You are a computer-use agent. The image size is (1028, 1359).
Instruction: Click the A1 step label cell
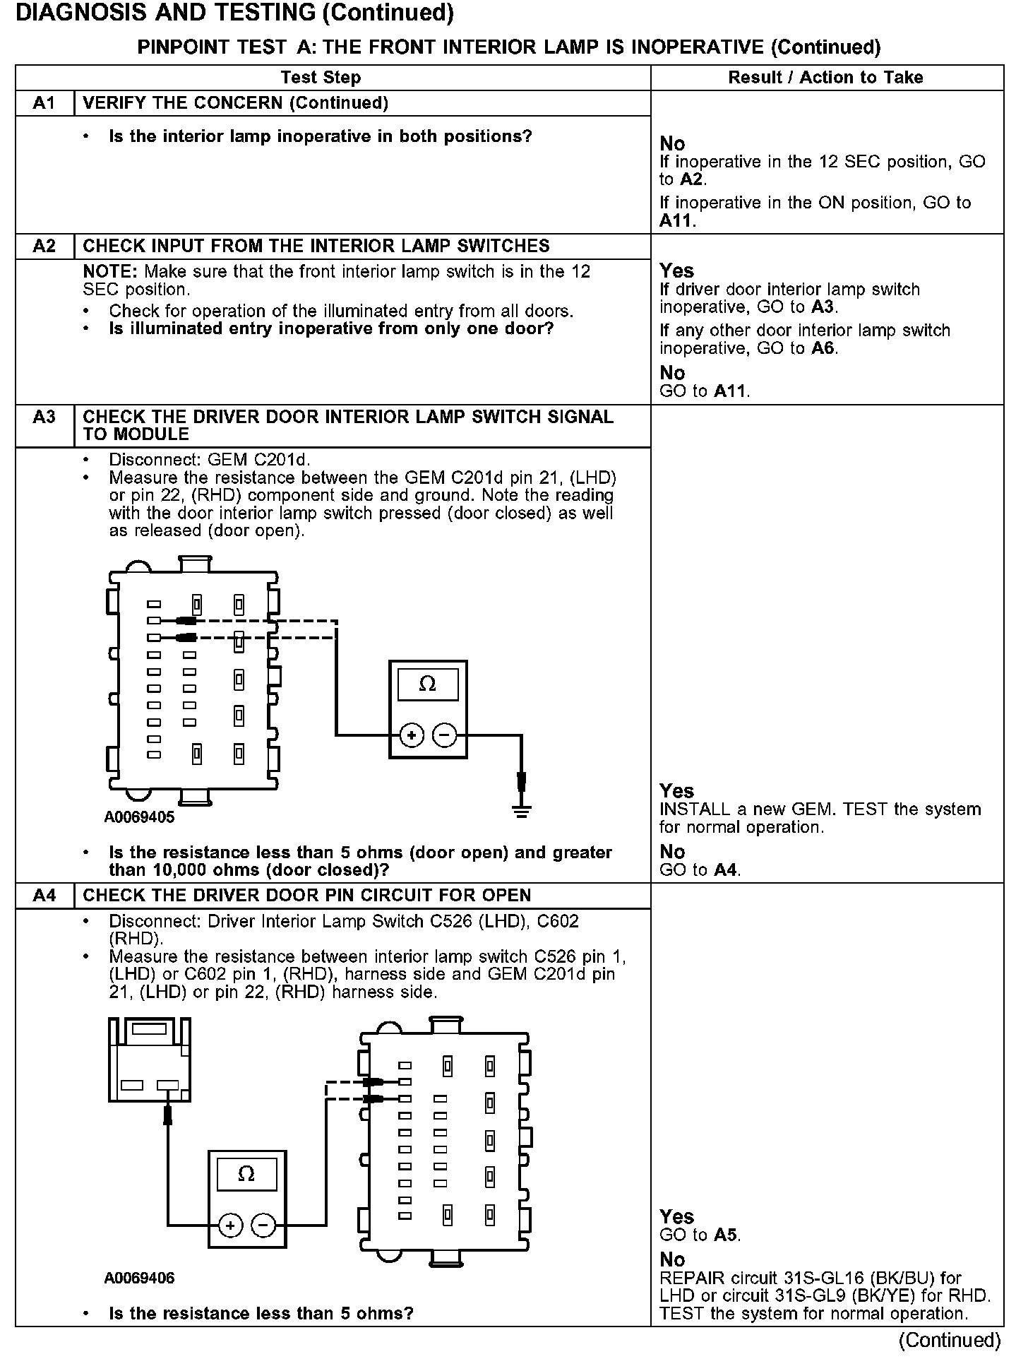44,103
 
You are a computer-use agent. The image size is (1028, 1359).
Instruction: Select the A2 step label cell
44,246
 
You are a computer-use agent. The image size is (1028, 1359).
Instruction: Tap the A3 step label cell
44,417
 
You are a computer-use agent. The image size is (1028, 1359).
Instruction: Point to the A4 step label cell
44,896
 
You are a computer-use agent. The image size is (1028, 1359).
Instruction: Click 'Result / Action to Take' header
825,78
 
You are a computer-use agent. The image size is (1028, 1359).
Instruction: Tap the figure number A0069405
139,818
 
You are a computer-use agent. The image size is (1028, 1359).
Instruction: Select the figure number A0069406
139,1278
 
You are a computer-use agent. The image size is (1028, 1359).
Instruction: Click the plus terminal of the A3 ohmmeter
412,735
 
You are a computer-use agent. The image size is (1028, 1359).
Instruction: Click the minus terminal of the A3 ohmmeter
444,735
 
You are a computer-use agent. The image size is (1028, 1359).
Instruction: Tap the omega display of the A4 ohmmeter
246,1174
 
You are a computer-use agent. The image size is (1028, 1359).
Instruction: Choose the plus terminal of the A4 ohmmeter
230,1226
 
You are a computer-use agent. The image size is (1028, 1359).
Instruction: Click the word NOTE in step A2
110,272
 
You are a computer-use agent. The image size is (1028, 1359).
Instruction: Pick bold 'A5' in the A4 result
725,1235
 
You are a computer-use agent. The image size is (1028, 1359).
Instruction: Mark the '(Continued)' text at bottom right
950,1341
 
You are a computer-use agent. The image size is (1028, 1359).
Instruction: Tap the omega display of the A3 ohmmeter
428,684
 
